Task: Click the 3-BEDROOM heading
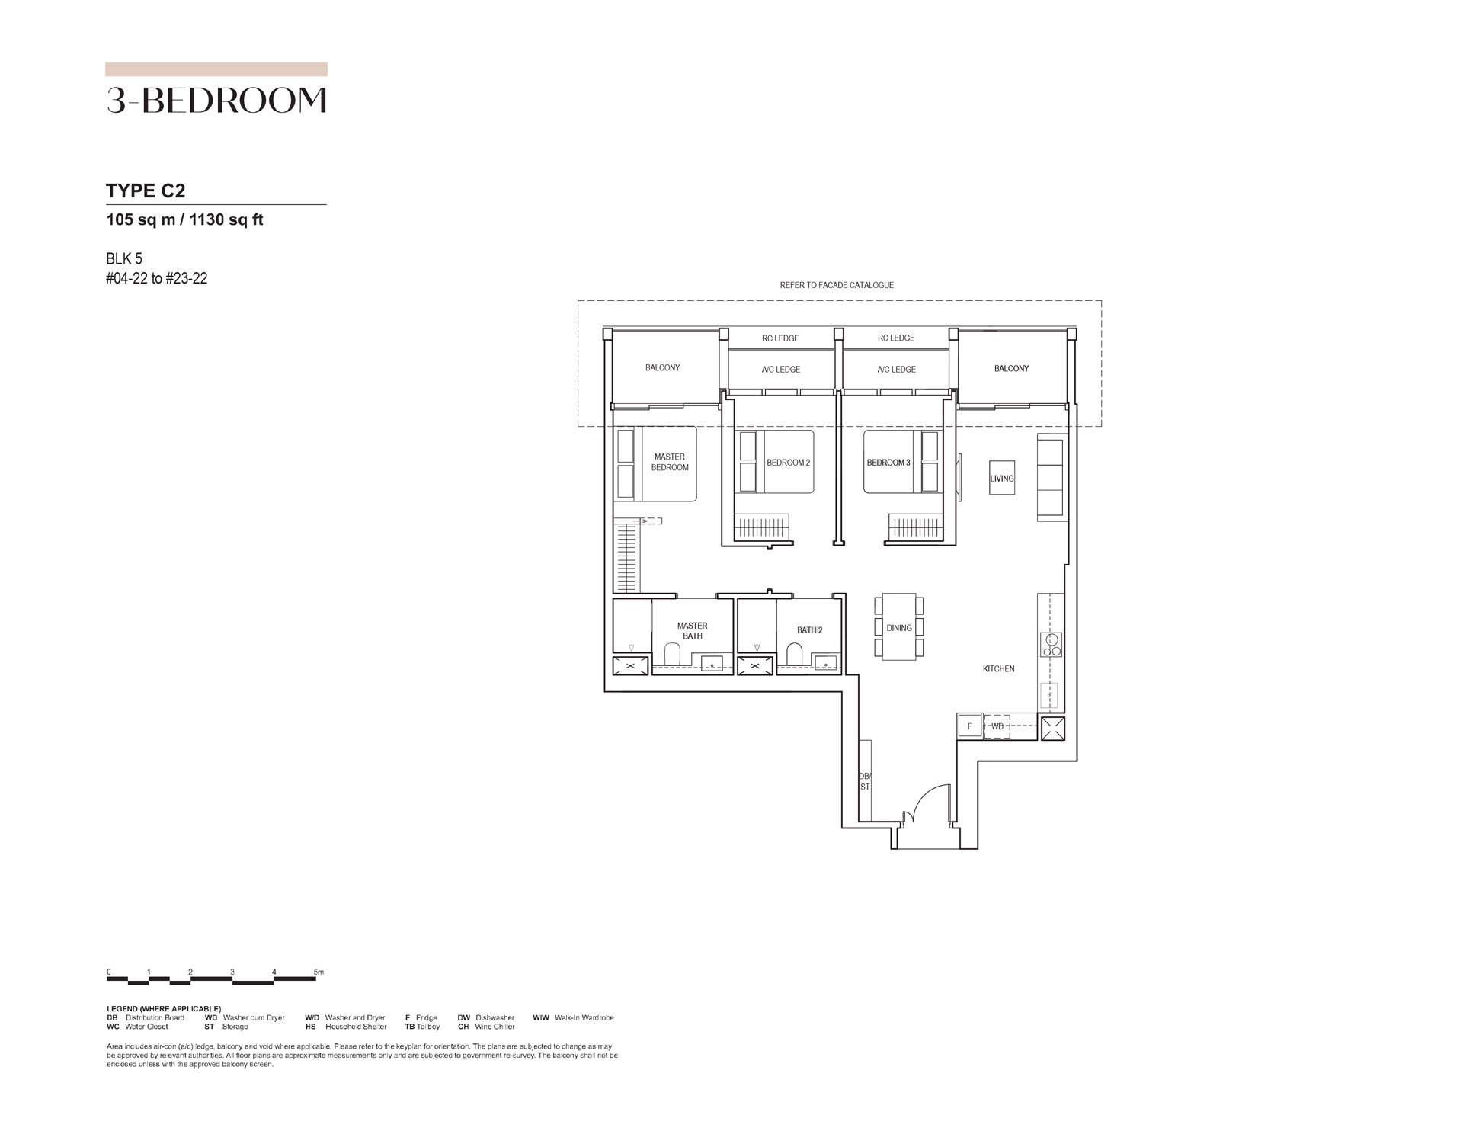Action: pyautogui.click(x=216, y=101)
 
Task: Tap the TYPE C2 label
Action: pyautogui.click(x=146, y=191)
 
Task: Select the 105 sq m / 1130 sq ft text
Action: pyautogui.click(x=185, y=220)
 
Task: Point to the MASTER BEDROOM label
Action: pyautogui.click(x=670, y=463)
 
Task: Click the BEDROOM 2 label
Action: pyautogui.click(x=788, y=463)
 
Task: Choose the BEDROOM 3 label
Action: pyautogui.click(x=888, y=463)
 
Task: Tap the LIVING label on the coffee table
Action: pyautogui.click(x=1002, y=479)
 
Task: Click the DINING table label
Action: pyautogui.click(x=899, y=628)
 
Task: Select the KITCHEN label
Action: pyautogui.click(x=998, y=669)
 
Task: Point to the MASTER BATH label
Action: pyautogui.click(x=693, y=631)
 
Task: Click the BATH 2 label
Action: pyautogui.click(x=809, y=630)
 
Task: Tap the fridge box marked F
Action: pyautogui.click(x=970, y=726)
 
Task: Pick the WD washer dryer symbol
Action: pyautogui.click(x=997, y=726)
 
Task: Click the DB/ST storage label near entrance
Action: pyautogui.click(x=865, y=781)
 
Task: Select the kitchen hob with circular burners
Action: pyautogui.click(x=1052, y=645)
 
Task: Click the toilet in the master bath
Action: pyautogui.click(x=672, y=654)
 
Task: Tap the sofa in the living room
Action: pyautogui.click(x=1052, y=479)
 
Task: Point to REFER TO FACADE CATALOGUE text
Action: pyautogui.click(x=837, y=285)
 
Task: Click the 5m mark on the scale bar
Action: pyautogui.click(x=319, y=972)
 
